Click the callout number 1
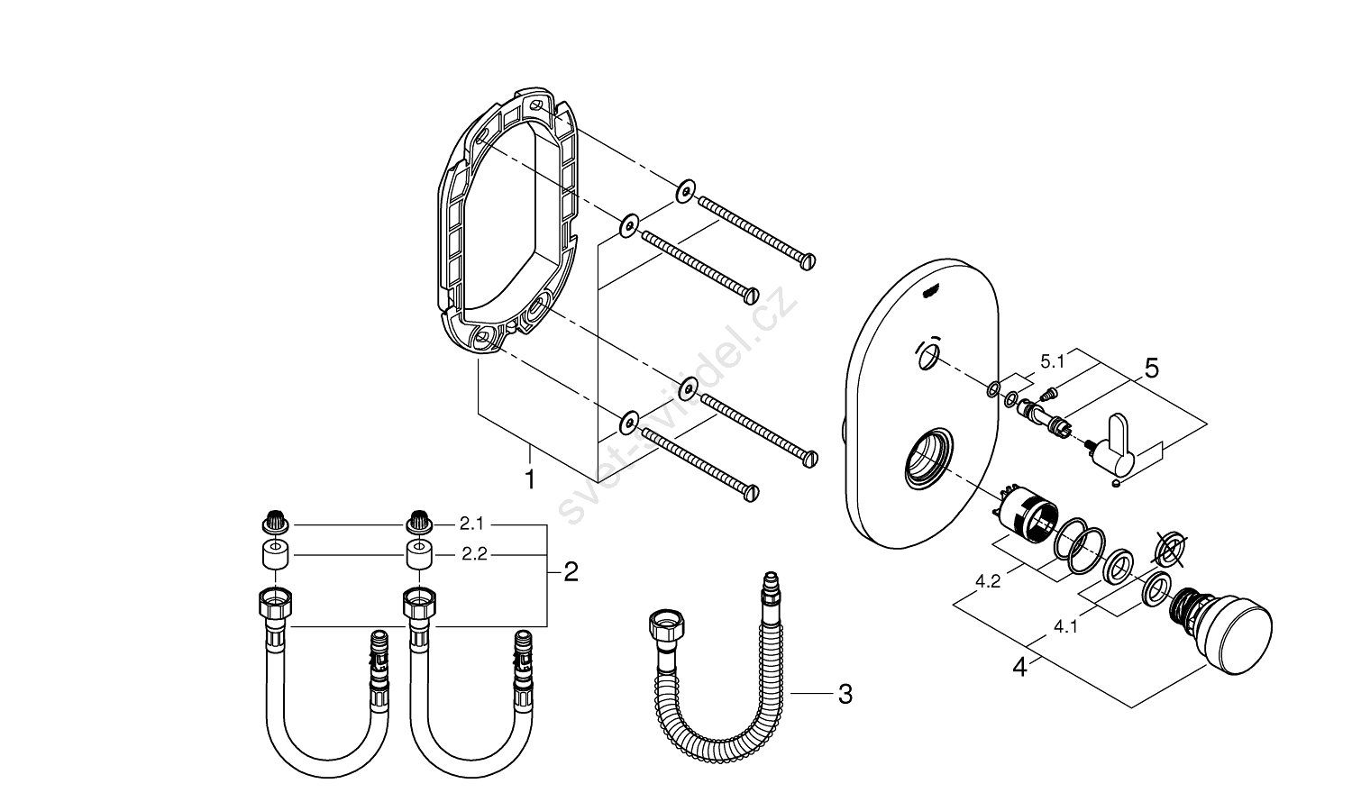[x=530, y=478]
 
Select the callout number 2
[x=571, y=571]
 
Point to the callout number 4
[x=1019, y=668]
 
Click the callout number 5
[x=1151, y=369]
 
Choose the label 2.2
[x=474, y=554]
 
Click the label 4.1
[x=1064, y=628]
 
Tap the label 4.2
[x=988, y=581]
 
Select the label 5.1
[x=1052, y=361]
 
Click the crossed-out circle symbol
[x=1171, y=548]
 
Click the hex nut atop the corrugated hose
[x=667, y=624]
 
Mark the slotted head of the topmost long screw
[x=808, y=260]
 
